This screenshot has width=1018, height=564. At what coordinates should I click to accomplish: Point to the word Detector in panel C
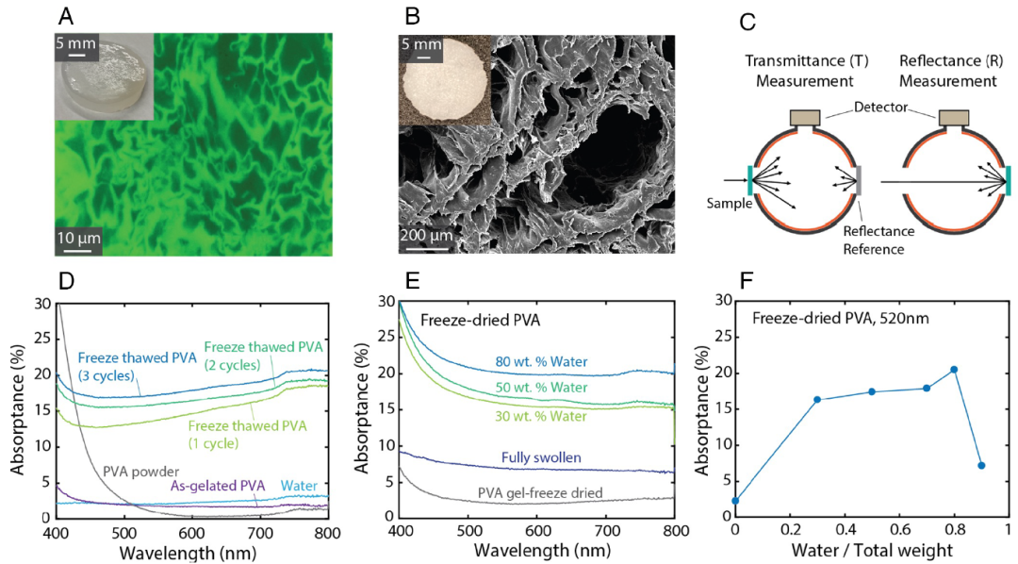coord(883,108)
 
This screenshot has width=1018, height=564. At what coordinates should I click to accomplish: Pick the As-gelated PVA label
coord(217,487)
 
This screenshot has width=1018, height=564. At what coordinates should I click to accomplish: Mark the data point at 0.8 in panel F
coord(955,370)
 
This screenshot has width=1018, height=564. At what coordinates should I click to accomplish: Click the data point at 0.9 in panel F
coord(982,465)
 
